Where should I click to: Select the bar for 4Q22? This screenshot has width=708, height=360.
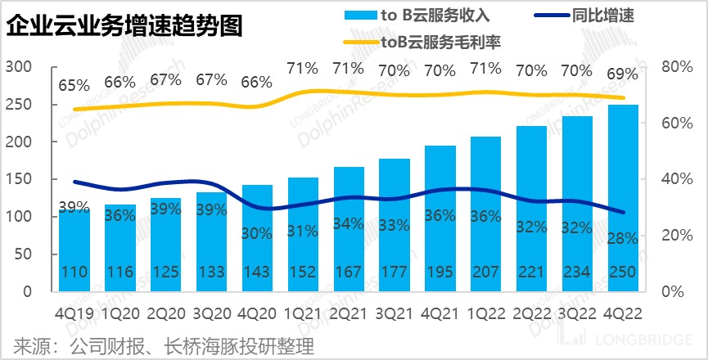point(624,196)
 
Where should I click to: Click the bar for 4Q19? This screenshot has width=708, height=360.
point(74,245)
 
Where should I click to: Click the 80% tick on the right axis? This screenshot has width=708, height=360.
point(675,67)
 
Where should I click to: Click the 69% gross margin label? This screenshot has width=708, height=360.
point(622,74)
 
